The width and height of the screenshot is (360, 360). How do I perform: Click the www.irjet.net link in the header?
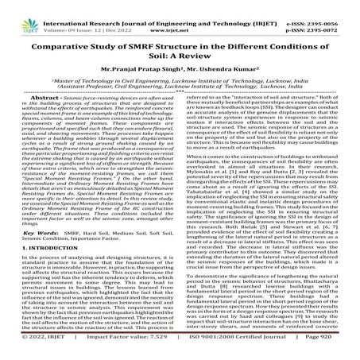click(x=180, y=14)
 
